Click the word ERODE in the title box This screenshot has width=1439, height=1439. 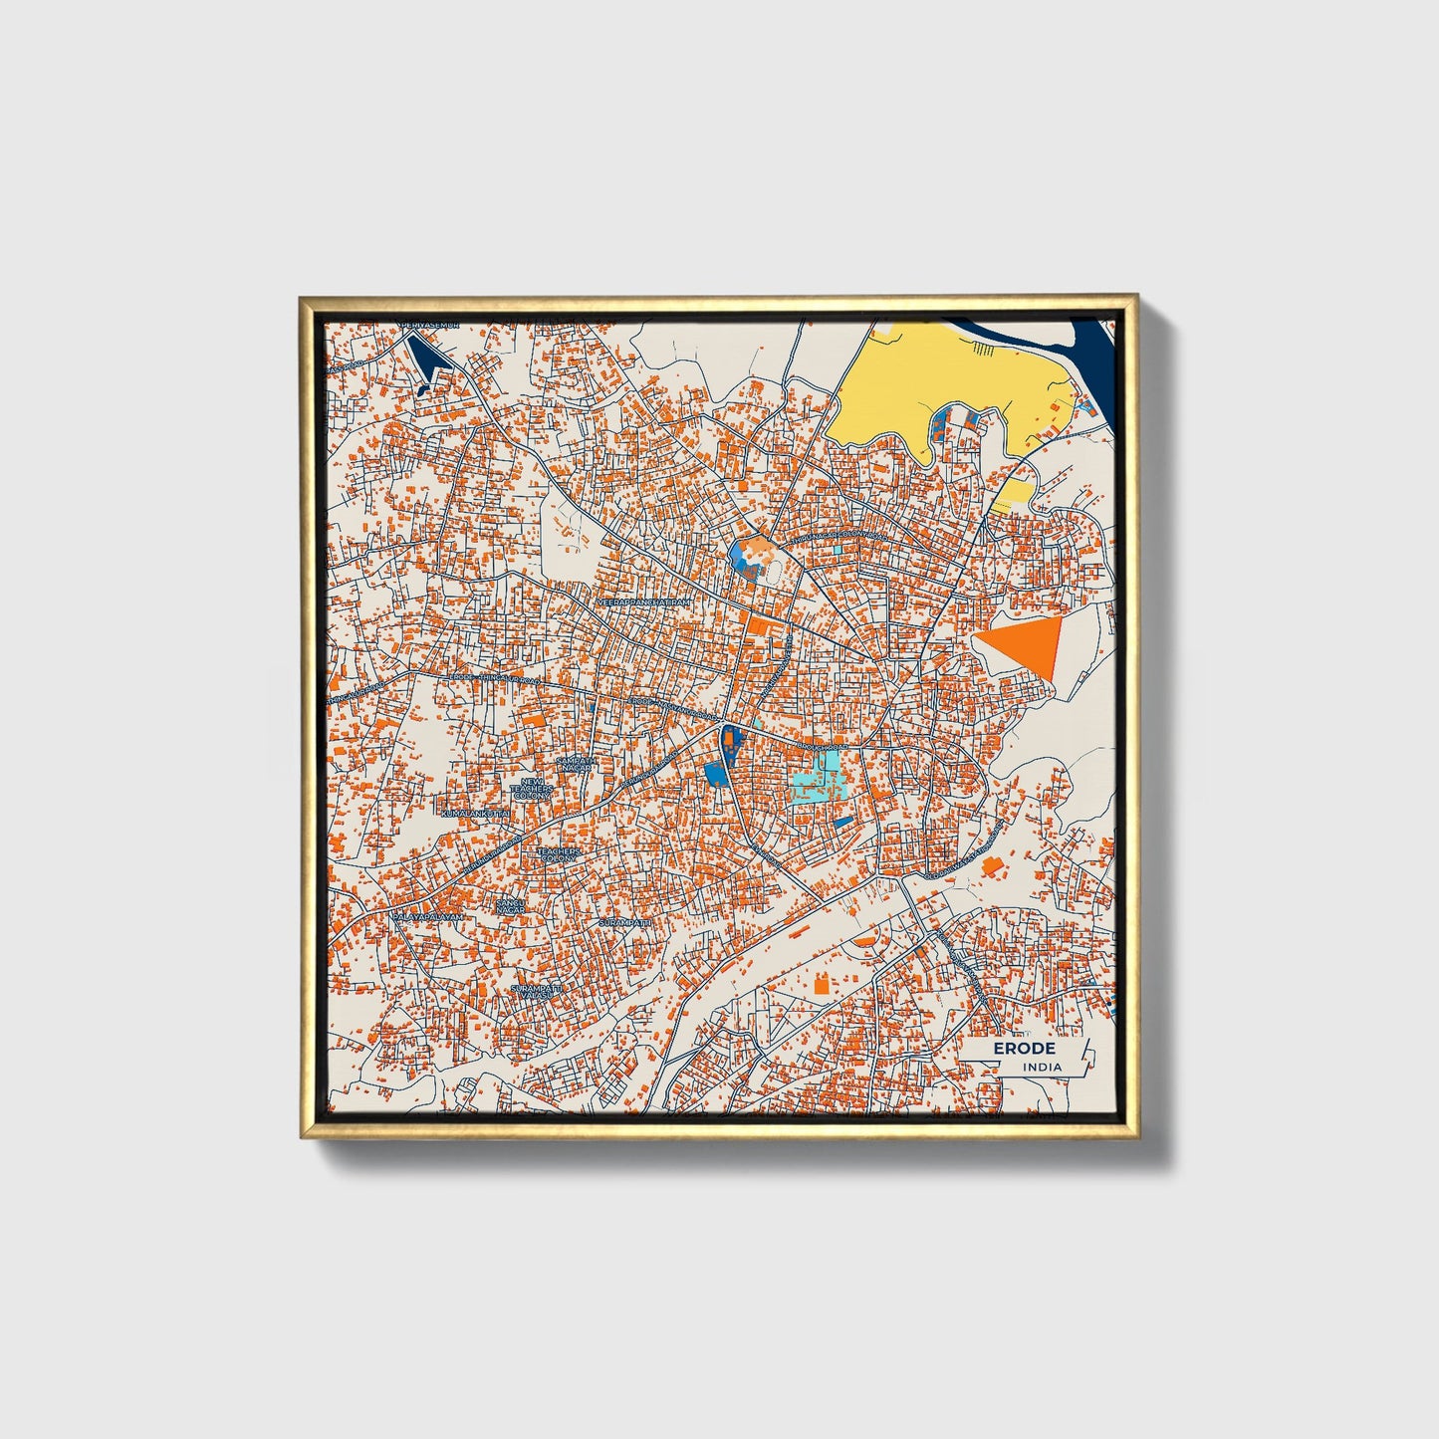(1023, 1049)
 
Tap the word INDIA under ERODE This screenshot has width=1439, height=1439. (1042, 1067)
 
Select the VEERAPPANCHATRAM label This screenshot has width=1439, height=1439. (642, 603)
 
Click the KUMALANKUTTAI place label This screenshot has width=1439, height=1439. (476, 814)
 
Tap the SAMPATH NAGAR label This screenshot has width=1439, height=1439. (577, 763)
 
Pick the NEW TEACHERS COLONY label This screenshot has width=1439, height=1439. (530, 790)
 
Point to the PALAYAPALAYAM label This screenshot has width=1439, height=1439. (428, 916)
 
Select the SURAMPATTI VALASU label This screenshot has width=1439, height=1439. (537, 991)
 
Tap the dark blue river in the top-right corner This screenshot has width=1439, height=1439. (1095, 349)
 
